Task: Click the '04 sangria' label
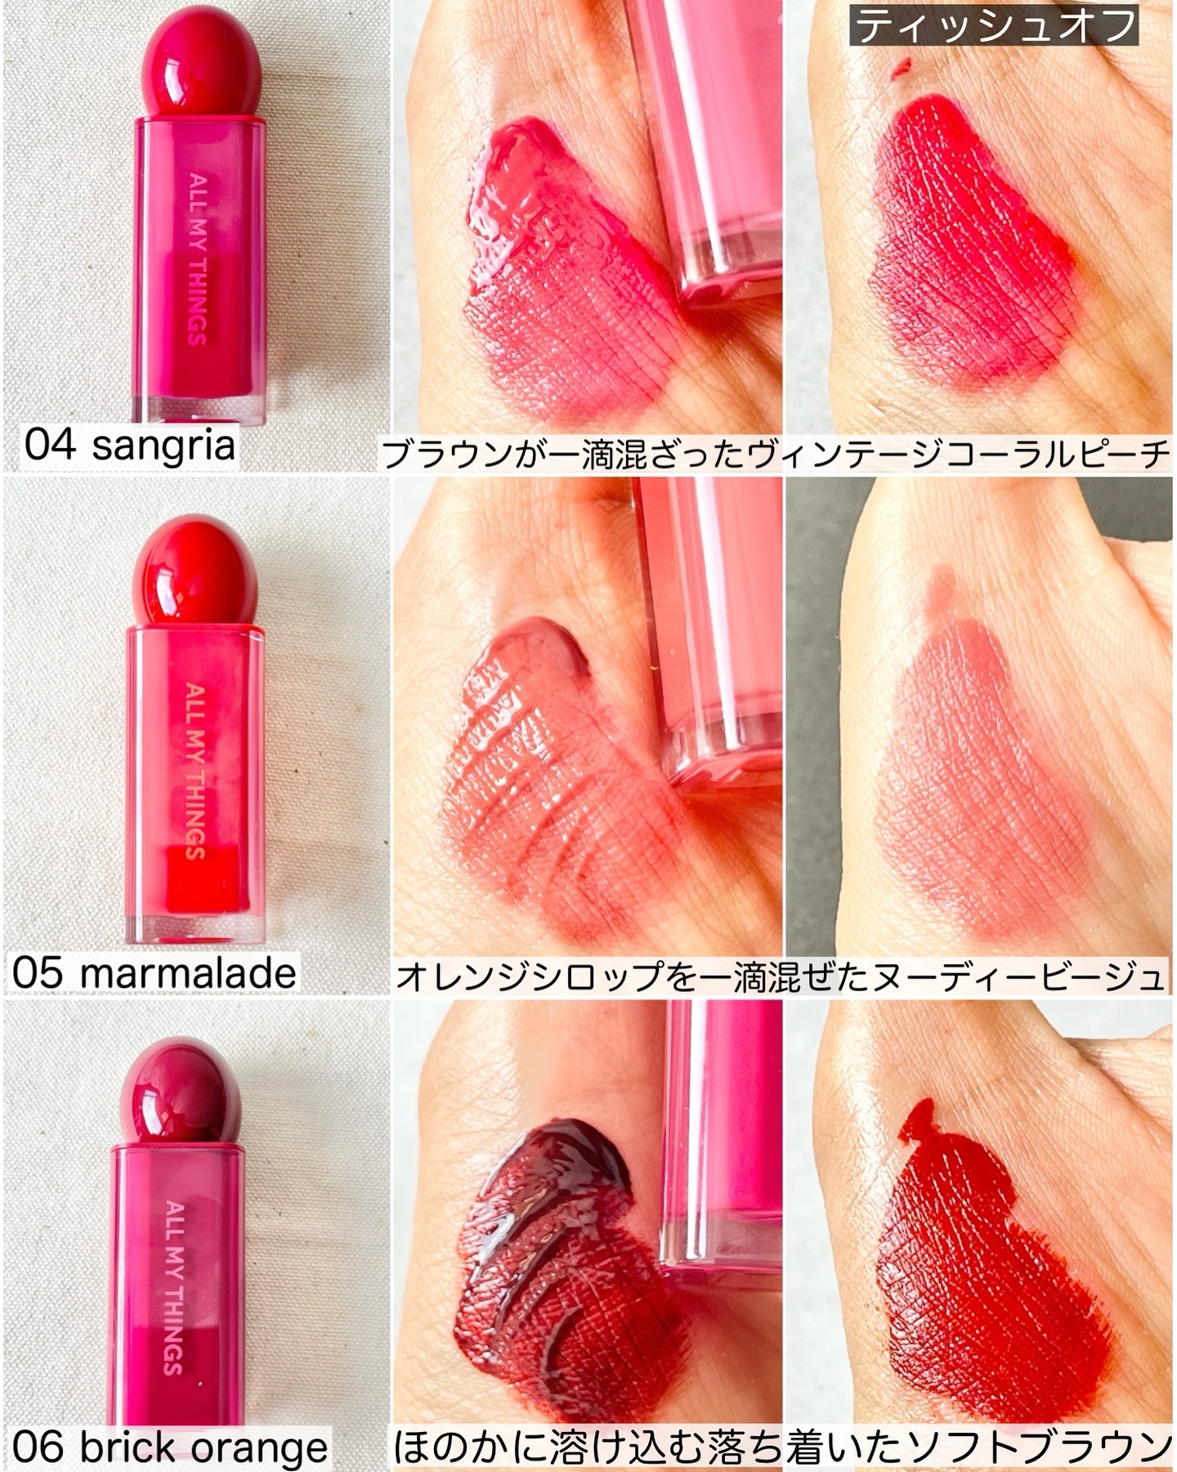tap(129, 446)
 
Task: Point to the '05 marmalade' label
tap(154, 973)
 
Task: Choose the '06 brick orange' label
tap(170, 1447)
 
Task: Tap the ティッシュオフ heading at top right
tap(994, 26)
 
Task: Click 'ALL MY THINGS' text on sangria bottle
tap(197, 258)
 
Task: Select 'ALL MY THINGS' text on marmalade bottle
tap(195, 770)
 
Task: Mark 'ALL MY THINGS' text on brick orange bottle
tap(173, 1287)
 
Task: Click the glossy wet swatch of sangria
tap(564, 270)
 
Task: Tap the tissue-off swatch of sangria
tap(973, 245)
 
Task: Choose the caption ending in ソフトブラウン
tap(782, 1447)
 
